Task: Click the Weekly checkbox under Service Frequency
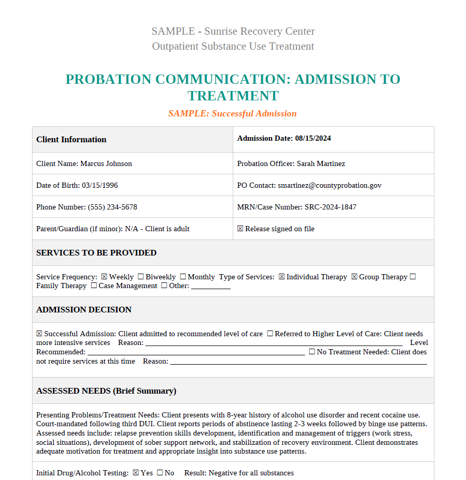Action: tap(104, 277)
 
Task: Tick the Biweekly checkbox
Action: tap(141, 277)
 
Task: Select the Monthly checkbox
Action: tap(183, 277)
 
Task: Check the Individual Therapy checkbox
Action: tap(281, 277)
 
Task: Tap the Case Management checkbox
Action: tap(94, 286)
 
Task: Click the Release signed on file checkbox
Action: tap(240, 229)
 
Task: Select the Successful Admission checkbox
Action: tap(39, 334)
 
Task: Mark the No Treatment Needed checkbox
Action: tap(312, 352)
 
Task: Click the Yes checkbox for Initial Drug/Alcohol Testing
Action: tap(136, 473)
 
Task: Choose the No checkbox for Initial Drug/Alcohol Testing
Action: tap(160, 473)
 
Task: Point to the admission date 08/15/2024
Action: tap(313, 139)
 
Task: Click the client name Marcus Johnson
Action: tap(106, 164)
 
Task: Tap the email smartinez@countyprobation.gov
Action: tap(329, 186)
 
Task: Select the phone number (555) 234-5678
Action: tap(112, 207)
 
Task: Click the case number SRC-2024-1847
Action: tap(330, 207)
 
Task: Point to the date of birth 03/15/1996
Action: tap(100, 186)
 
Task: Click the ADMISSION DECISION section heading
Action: tap(84, 310)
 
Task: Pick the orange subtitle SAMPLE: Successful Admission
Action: tap(232, 114)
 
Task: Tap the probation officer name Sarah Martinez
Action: tap(321, 164)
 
